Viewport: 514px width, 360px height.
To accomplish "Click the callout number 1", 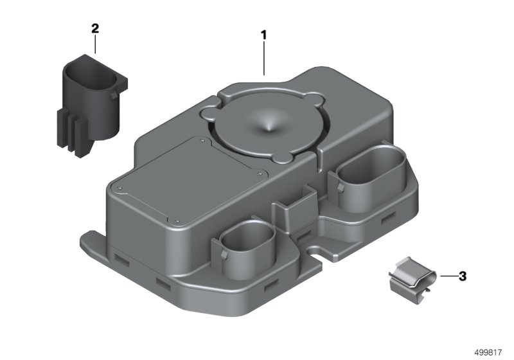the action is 263,35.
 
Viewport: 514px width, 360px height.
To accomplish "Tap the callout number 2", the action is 94,28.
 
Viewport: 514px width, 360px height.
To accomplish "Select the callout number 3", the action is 462,276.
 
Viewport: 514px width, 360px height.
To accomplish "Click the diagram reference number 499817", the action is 488,352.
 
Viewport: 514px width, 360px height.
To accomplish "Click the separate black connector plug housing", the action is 90,105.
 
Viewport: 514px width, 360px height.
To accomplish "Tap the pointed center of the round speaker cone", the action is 269,130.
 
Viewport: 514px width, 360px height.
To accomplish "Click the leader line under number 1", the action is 264,59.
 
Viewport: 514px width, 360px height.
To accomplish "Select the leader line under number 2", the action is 95,44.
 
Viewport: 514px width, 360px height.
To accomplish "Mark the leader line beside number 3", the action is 448,276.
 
